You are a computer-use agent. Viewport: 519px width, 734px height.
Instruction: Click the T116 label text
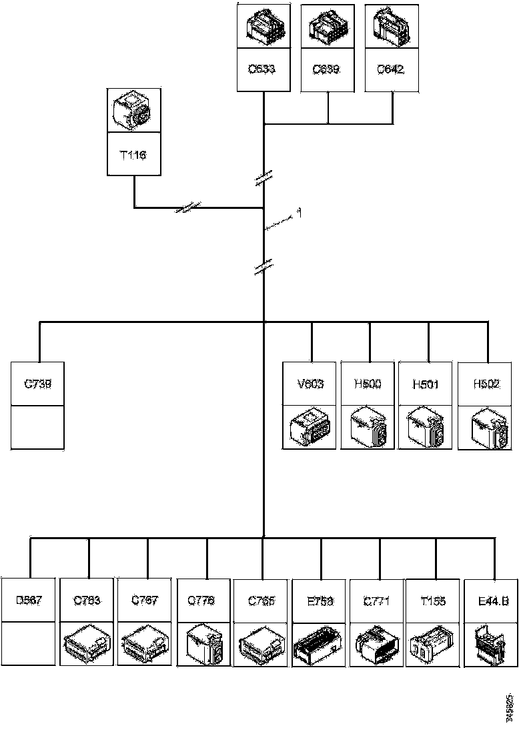pos(134,155)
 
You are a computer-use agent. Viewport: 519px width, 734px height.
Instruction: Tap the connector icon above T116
pos(134,109)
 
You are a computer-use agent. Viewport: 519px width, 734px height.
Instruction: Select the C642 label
pos(391,69)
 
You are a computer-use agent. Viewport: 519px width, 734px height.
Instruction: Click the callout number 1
pos(300,213)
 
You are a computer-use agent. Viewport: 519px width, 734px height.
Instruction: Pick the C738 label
pos(38,384)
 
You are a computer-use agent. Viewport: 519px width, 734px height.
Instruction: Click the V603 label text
pos(311,384)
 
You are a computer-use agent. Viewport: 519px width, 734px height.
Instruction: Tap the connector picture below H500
pos(368,427)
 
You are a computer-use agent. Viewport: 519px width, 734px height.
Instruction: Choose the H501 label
pos(426,384)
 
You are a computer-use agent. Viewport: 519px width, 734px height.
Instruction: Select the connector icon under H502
pos(486,427)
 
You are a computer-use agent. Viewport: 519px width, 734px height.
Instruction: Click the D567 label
pos(29,600)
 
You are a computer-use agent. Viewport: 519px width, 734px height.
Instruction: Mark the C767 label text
pos(145,600)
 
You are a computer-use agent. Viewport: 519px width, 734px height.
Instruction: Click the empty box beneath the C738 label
pos(38,426)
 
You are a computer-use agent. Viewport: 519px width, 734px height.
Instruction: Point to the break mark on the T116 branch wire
pos(189,207)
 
